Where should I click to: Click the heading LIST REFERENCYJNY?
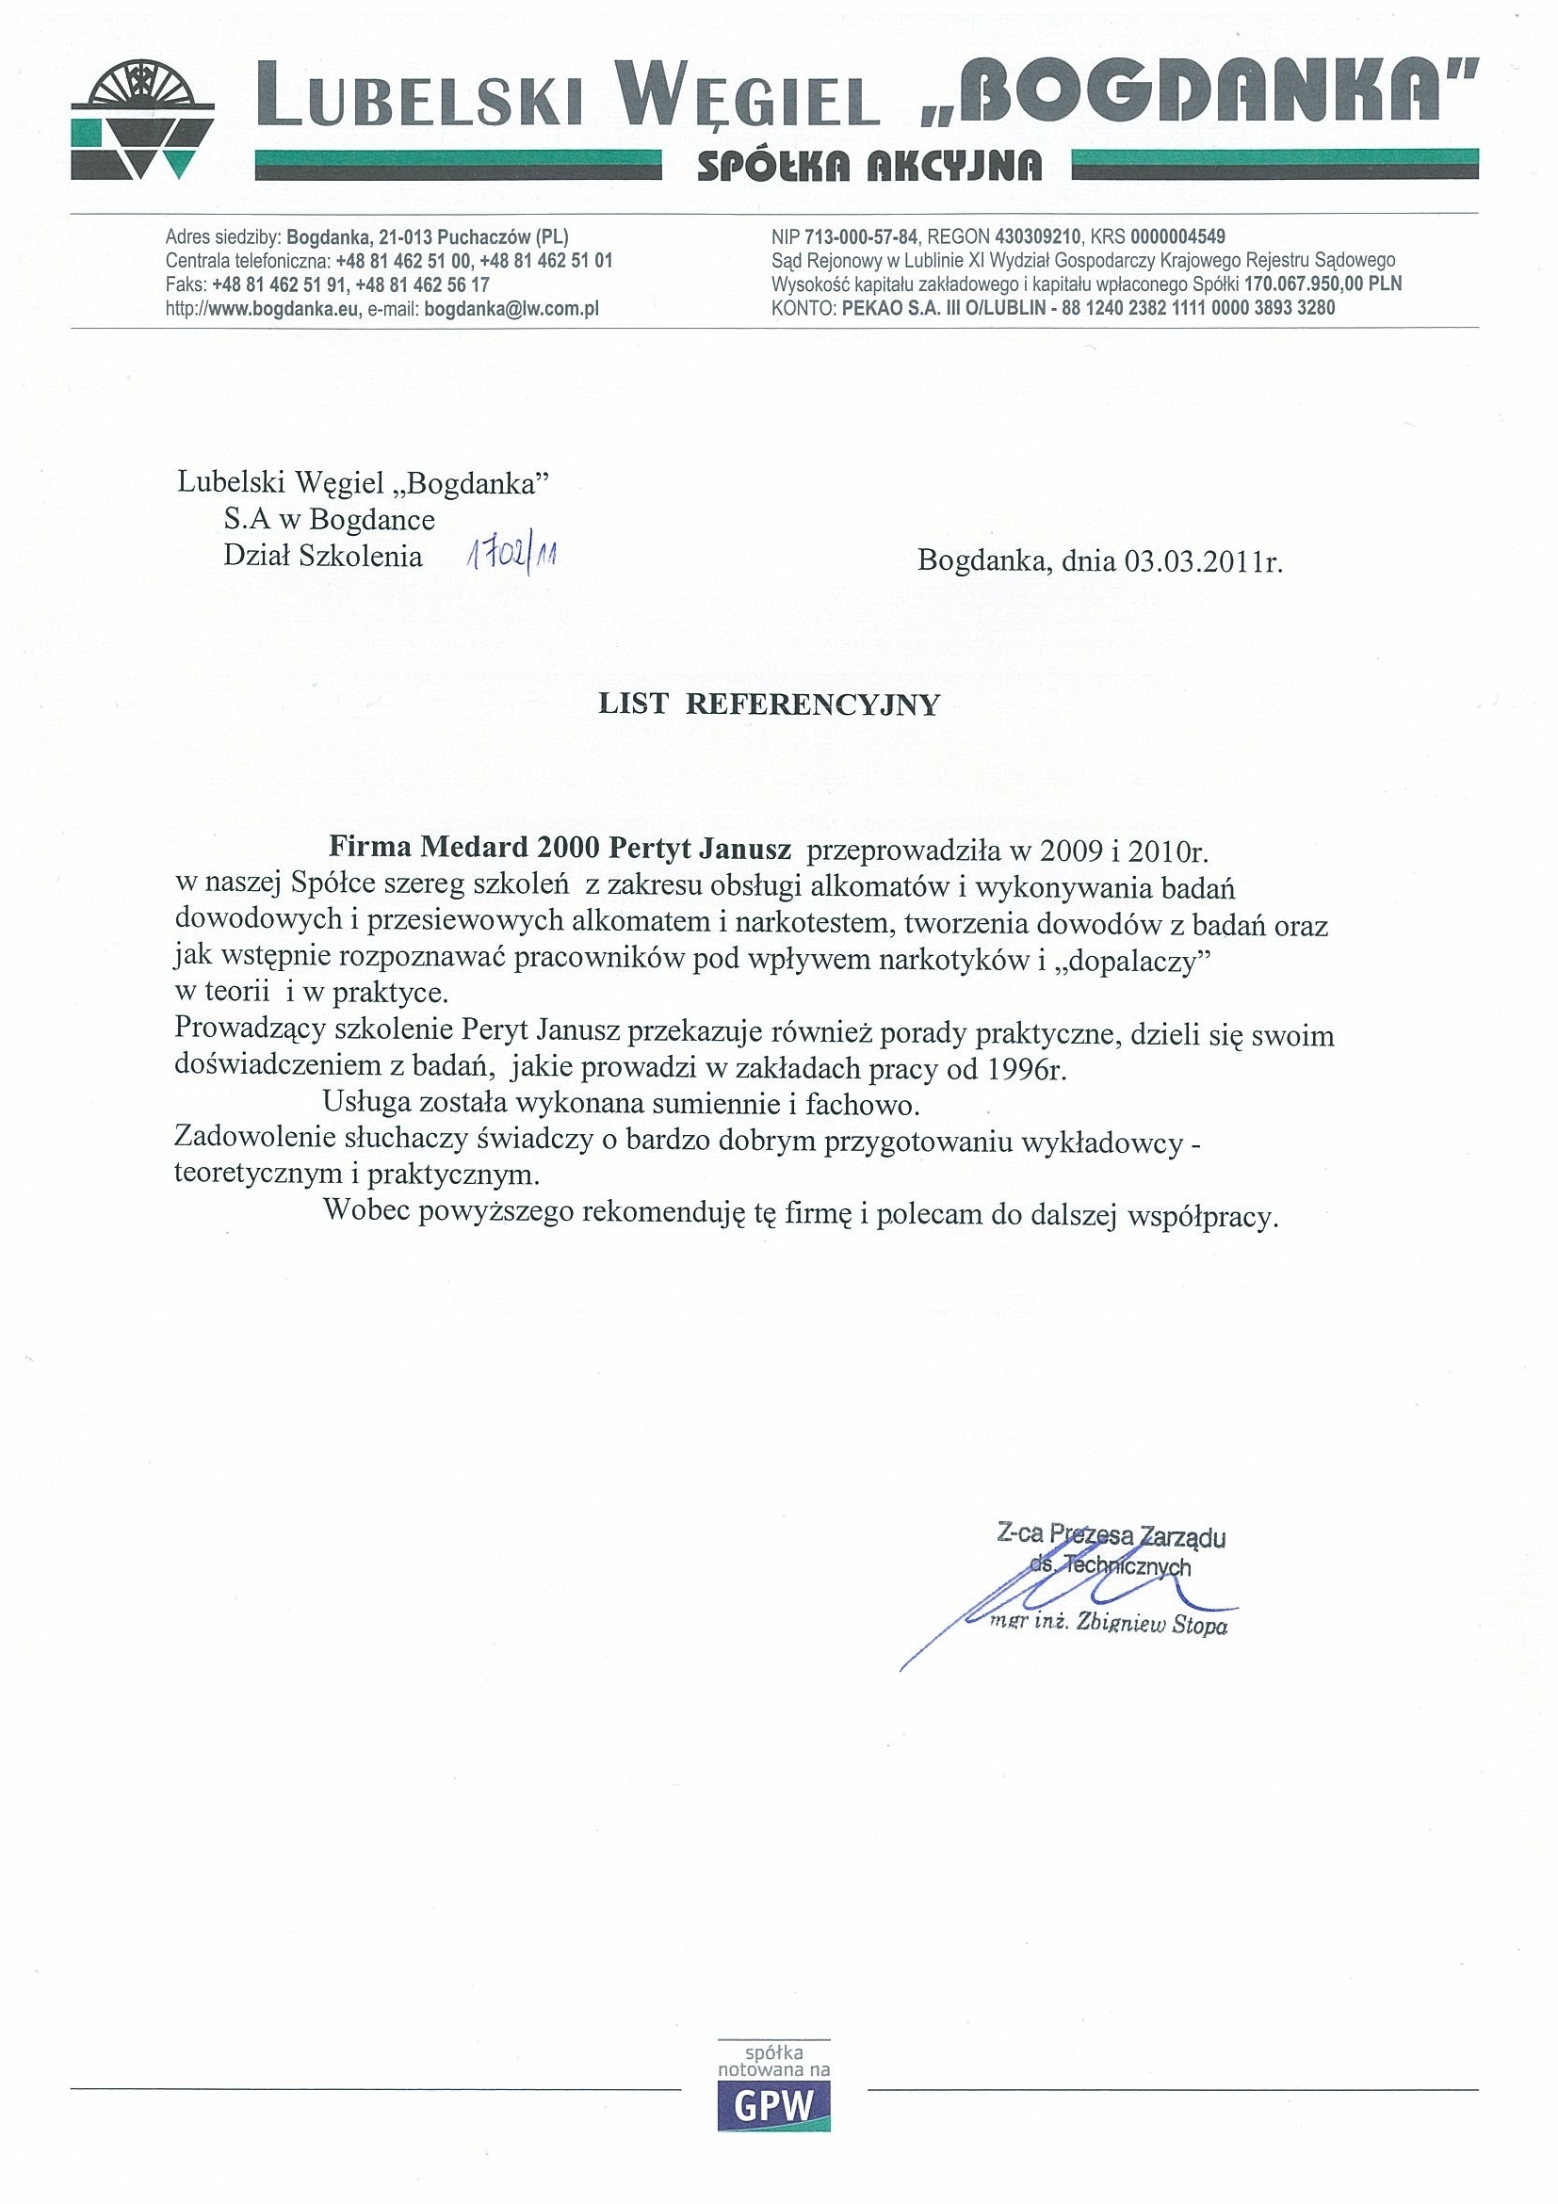click(768, 705)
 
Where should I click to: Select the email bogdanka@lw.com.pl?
click(511, 308)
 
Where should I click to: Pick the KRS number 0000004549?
click(1177, 236)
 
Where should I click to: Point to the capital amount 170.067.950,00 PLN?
click(1323, 284)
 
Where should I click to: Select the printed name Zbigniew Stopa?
click(1153, 1625)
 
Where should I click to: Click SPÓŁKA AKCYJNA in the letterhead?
click(868, 168)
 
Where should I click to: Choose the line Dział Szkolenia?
click(322, 557)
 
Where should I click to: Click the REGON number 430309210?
click(1039, 236)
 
